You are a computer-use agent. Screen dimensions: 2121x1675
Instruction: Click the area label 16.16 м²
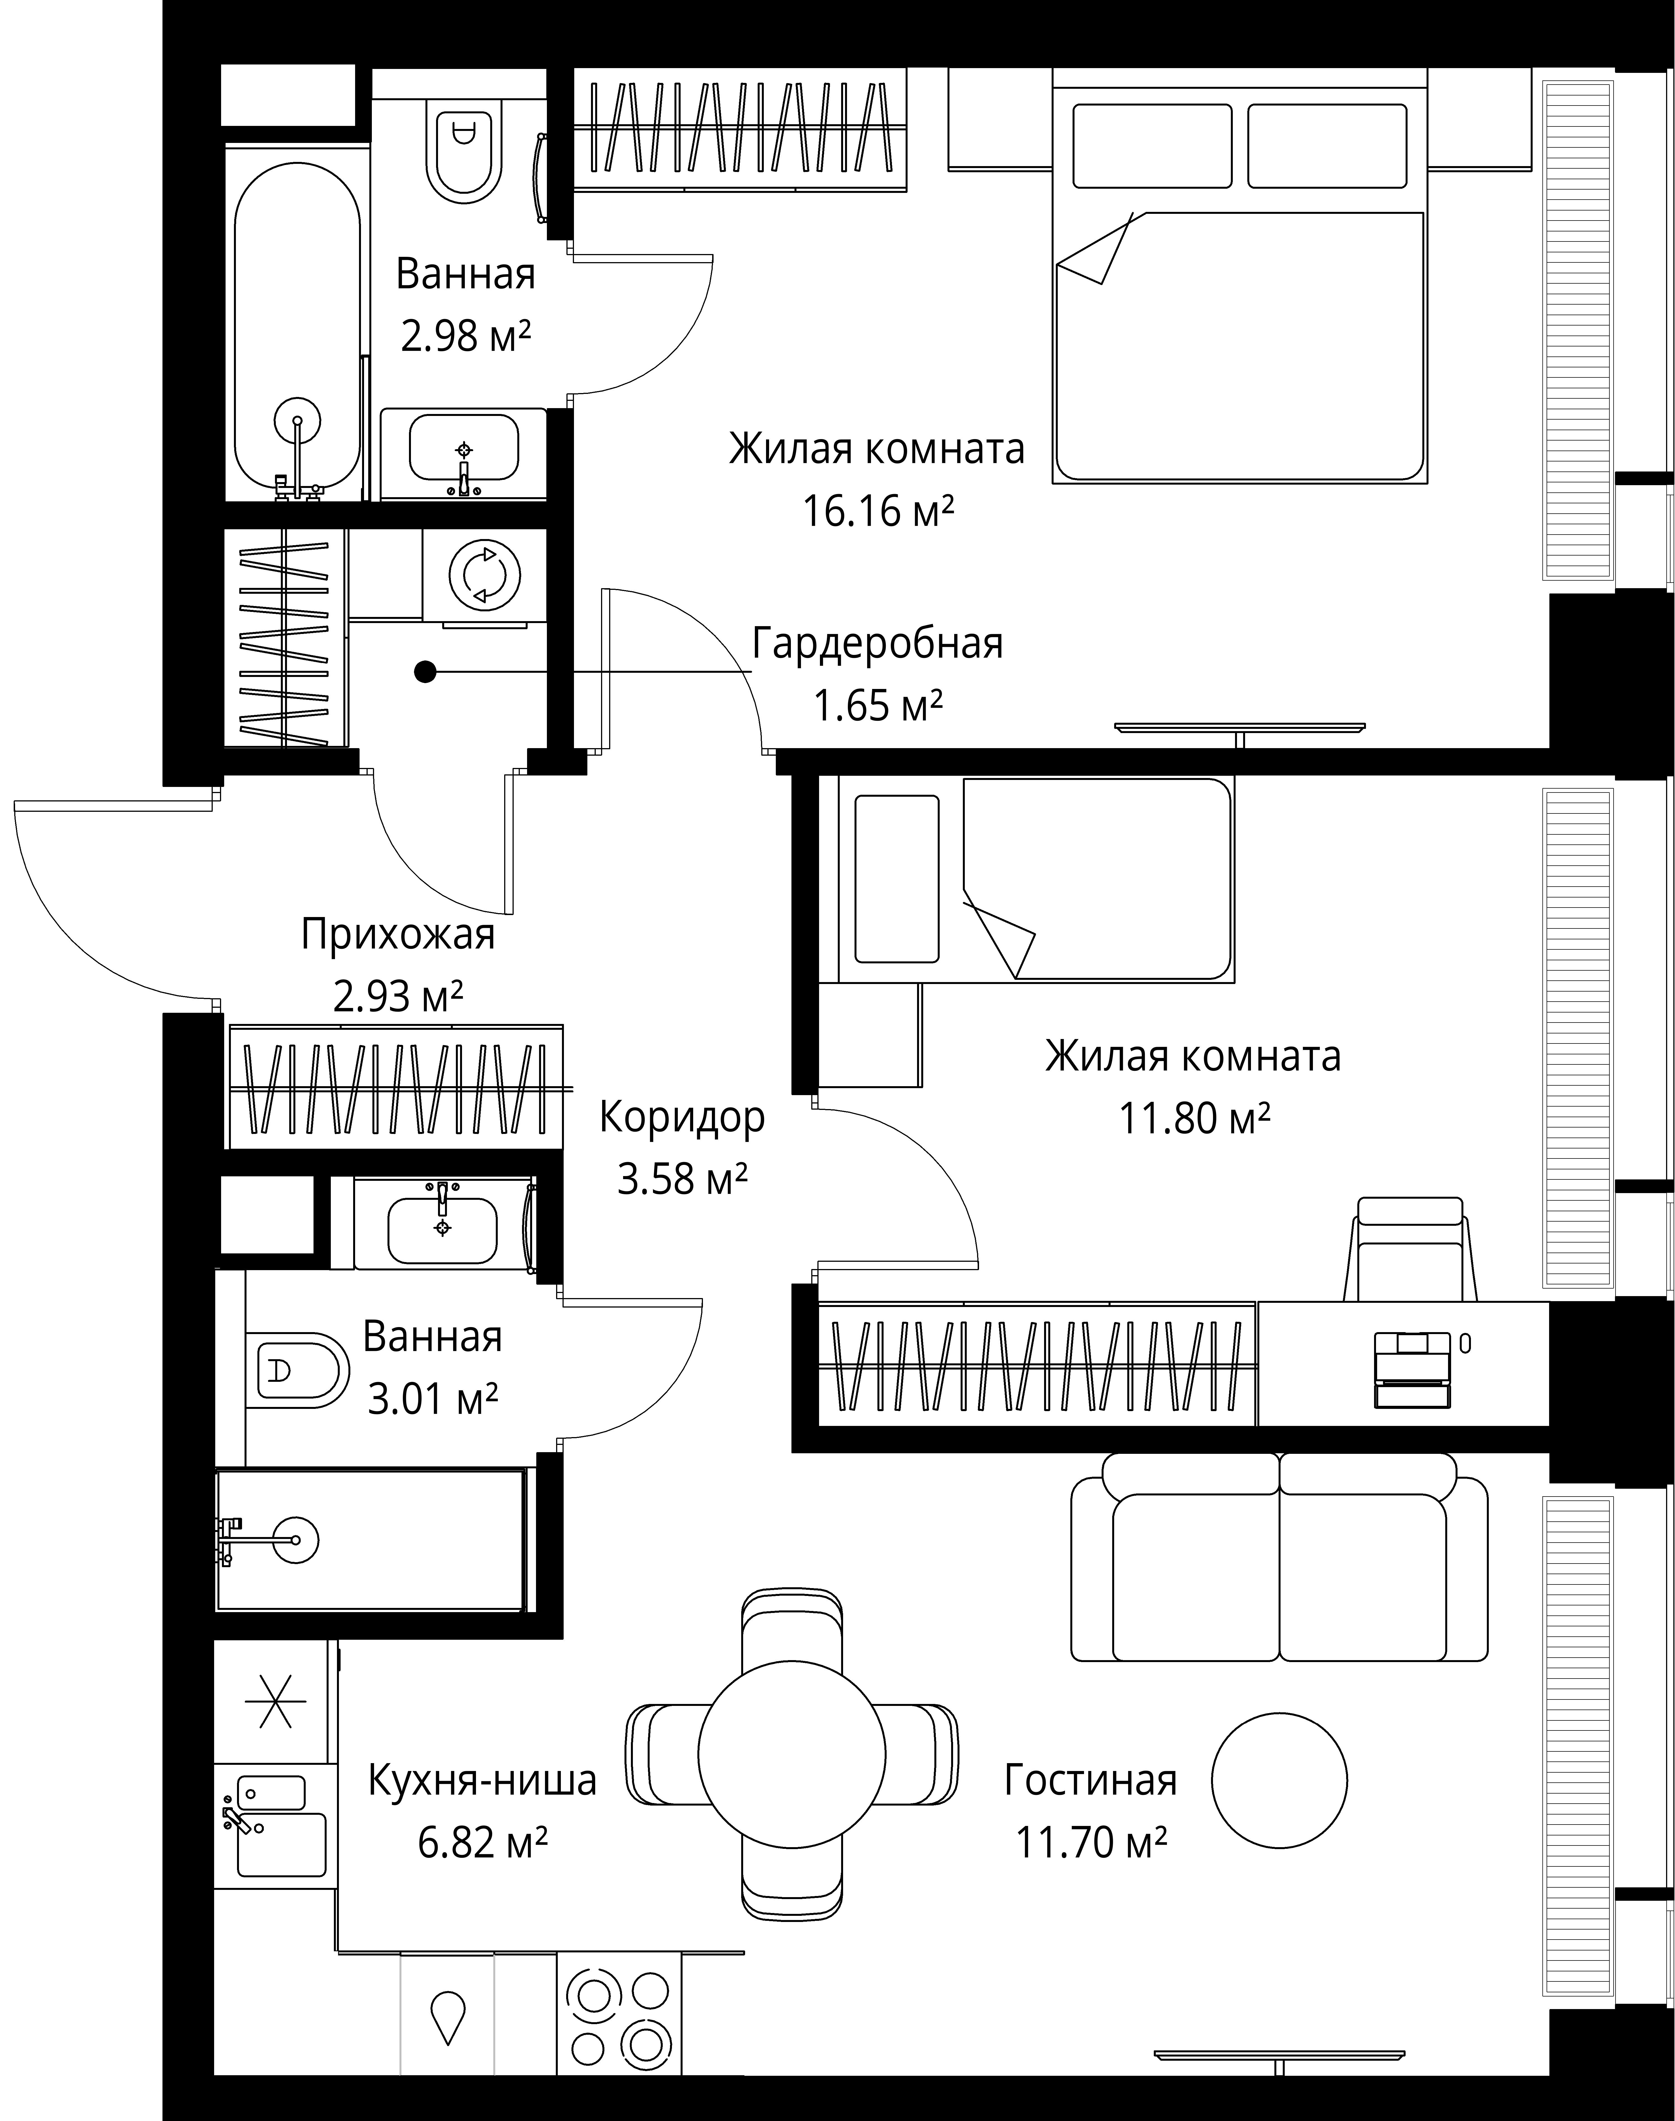[x=878, y=511]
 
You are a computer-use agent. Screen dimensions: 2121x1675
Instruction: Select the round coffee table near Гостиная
[x=1279, y=1780]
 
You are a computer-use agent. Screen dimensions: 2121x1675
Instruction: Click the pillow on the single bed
[x=896, y=878]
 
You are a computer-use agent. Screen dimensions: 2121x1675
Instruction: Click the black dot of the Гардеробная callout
[x=425, y=672]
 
